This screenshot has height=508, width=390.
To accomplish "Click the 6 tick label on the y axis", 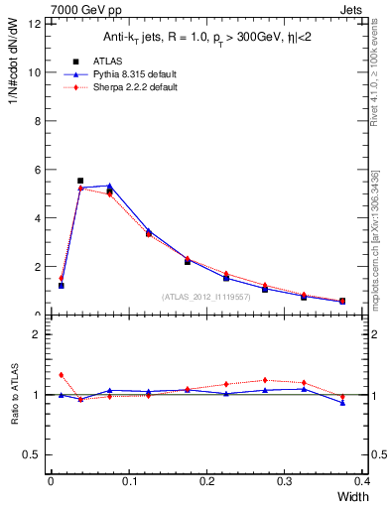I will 37,170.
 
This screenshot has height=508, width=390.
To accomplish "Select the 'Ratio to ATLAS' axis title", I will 14,395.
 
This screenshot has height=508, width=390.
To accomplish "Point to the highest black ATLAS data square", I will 80,181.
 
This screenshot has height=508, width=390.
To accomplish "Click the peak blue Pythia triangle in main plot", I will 109,186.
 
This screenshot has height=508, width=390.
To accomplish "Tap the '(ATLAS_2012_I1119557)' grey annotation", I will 204,296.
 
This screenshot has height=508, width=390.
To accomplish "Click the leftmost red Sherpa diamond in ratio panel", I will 62,375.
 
